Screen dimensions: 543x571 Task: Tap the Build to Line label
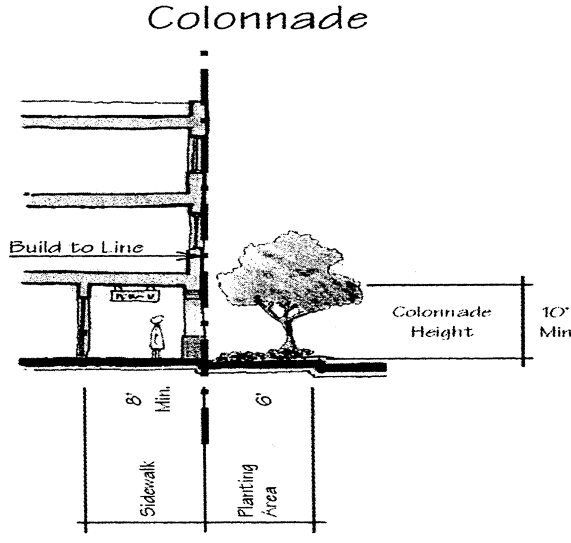[x=76, y=247]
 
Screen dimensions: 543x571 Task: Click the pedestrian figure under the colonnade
[x=157, y=336]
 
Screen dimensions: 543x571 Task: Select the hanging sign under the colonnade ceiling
[x=134, y=295]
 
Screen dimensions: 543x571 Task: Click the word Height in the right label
[x=441, y=332]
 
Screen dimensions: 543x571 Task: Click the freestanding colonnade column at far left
[x=82, y=323]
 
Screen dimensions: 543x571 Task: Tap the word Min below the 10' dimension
[x=555, y=332]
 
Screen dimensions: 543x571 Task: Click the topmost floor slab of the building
[x=109, y=122]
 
